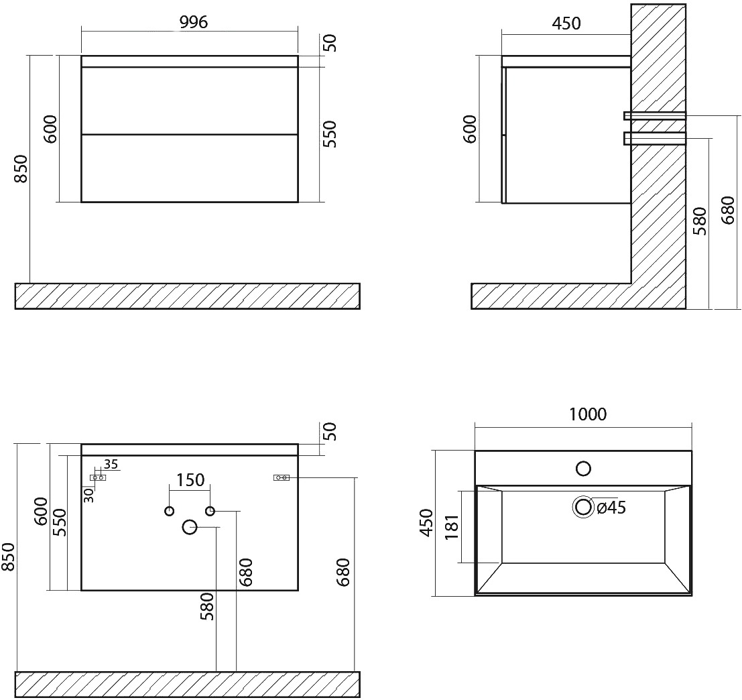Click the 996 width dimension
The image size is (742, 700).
[x=194, y=22]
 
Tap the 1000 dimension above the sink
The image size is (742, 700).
[x=587, y=414]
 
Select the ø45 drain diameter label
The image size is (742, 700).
[x=611, y=508]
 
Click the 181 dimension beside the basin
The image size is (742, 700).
[x=452, y=527]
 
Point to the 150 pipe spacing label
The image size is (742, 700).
[x=190, y=480]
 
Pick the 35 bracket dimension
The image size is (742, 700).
[x=111, y=464]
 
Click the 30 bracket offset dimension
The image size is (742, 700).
[x=89, y=495]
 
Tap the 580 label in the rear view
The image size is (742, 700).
[x=207, y=606]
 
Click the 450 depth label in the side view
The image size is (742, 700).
[x=566, y=23]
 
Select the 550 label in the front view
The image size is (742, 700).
[x=330, y=134]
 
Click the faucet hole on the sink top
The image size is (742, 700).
[x=583, y=469]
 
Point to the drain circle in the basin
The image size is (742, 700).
[x=583, y=508]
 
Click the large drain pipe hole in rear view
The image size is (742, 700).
[x=190, y=527]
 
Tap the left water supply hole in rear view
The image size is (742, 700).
[x=169, y=511]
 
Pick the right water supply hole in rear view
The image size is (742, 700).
[x=210, y=511]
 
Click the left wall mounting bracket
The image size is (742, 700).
[x=98, y=478]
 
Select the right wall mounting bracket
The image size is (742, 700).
[x=282, y=478]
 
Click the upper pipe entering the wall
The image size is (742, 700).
[x=655, y=115]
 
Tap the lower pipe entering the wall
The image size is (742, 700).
[x=655, y=137]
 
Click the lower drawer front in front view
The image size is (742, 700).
[x=190, y=168]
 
